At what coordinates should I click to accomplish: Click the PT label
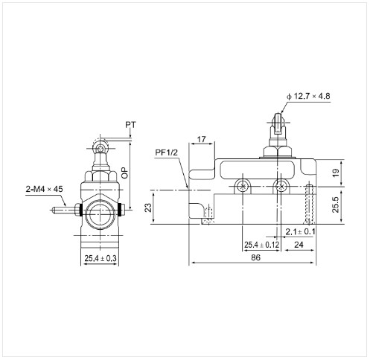click(130, 124)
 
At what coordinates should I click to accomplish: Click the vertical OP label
click(125, 173)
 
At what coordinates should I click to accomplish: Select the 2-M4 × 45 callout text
click(45, 189)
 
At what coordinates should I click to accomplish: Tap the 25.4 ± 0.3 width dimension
click(101, 258)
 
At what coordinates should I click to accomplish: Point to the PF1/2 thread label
click(167, 152)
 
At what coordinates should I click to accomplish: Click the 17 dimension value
click(201, 139)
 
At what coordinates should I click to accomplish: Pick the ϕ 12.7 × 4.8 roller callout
click(308, 96)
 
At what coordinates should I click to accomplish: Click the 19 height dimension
click(336, 173)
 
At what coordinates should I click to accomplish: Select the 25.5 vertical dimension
click(336, 205)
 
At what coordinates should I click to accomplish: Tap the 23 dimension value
click(148, 208)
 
